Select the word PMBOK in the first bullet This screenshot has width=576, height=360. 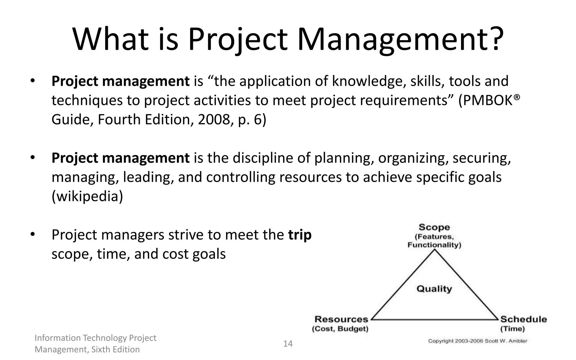(488, 100)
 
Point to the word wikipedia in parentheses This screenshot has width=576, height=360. (87, 196)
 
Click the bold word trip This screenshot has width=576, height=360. (300, 235)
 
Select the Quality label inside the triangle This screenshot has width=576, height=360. (434, 289)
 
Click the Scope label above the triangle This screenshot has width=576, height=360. (434, 227)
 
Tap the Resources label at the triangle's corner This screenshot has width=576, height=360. (341, 319)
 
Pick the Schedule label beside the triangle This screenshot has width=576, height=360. (523, 319)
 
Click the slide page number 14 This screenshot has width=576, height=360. (288, 344)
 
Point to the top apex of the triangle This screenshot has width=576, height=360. (435, 250)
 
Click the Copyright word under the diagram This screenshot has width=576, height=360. (441, 341)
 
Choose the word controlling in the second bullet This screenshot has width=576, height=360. (240, 177)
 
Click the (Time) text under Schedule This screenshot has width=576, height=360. (512, 329)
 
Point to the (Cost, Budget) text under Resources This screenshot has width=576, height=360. (340, 329)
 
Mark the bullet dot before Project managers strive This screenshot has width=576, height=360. (33, 234)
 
